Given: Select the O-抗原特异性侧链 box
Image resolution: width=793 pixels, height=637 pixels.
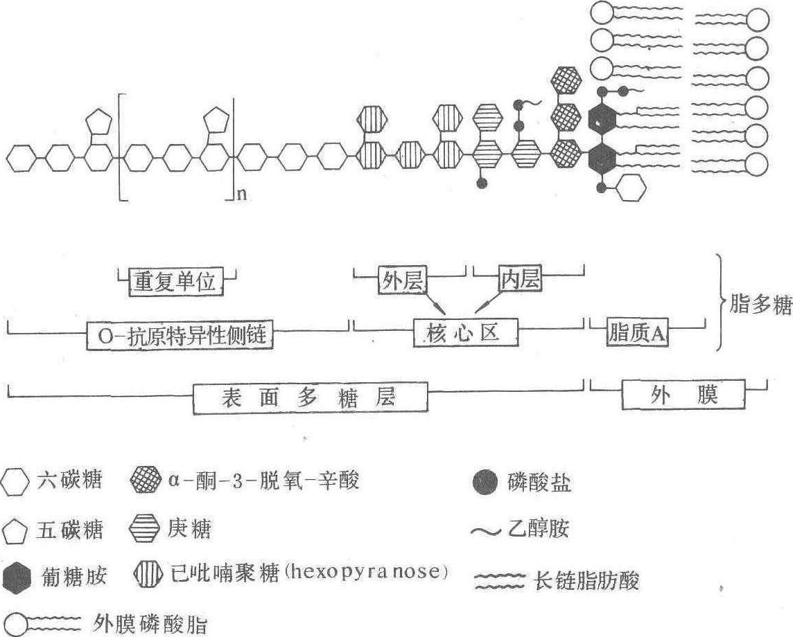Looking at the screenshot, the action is (x=180, y=334).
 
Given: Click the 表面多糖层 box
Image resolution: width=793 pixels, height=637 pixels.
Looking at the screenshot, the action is (x=310, y=398).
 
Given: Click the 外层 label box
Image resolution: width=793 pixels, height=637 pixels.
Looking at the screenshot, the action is (x=402, y=280).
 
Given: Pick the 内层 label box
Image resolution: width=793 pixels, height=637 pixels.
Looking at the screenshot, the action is (x=519, y=279).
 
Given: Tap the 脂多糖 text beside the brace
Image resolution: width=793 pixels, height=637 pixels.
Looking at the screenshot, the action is (x=760, y=304).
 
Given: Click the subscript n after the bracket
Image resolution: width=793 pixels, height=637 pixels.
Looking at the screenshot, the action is (x=242, y=194).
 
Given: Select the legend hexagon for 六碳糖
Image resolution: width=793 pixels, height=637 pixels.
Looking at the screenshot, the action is (x=15, y=481).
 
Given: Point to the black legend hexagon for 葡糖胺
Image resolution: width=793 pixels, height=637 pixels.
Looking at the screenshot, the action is (x=17, y=577).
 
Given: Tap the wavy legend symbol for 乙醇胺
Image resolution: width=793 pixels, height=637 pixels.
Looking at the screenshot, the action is (x=486, y=531).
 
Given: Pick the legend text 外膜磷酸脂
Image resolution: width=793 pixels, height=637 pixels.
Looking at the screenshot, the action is (x=150, y=625).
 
